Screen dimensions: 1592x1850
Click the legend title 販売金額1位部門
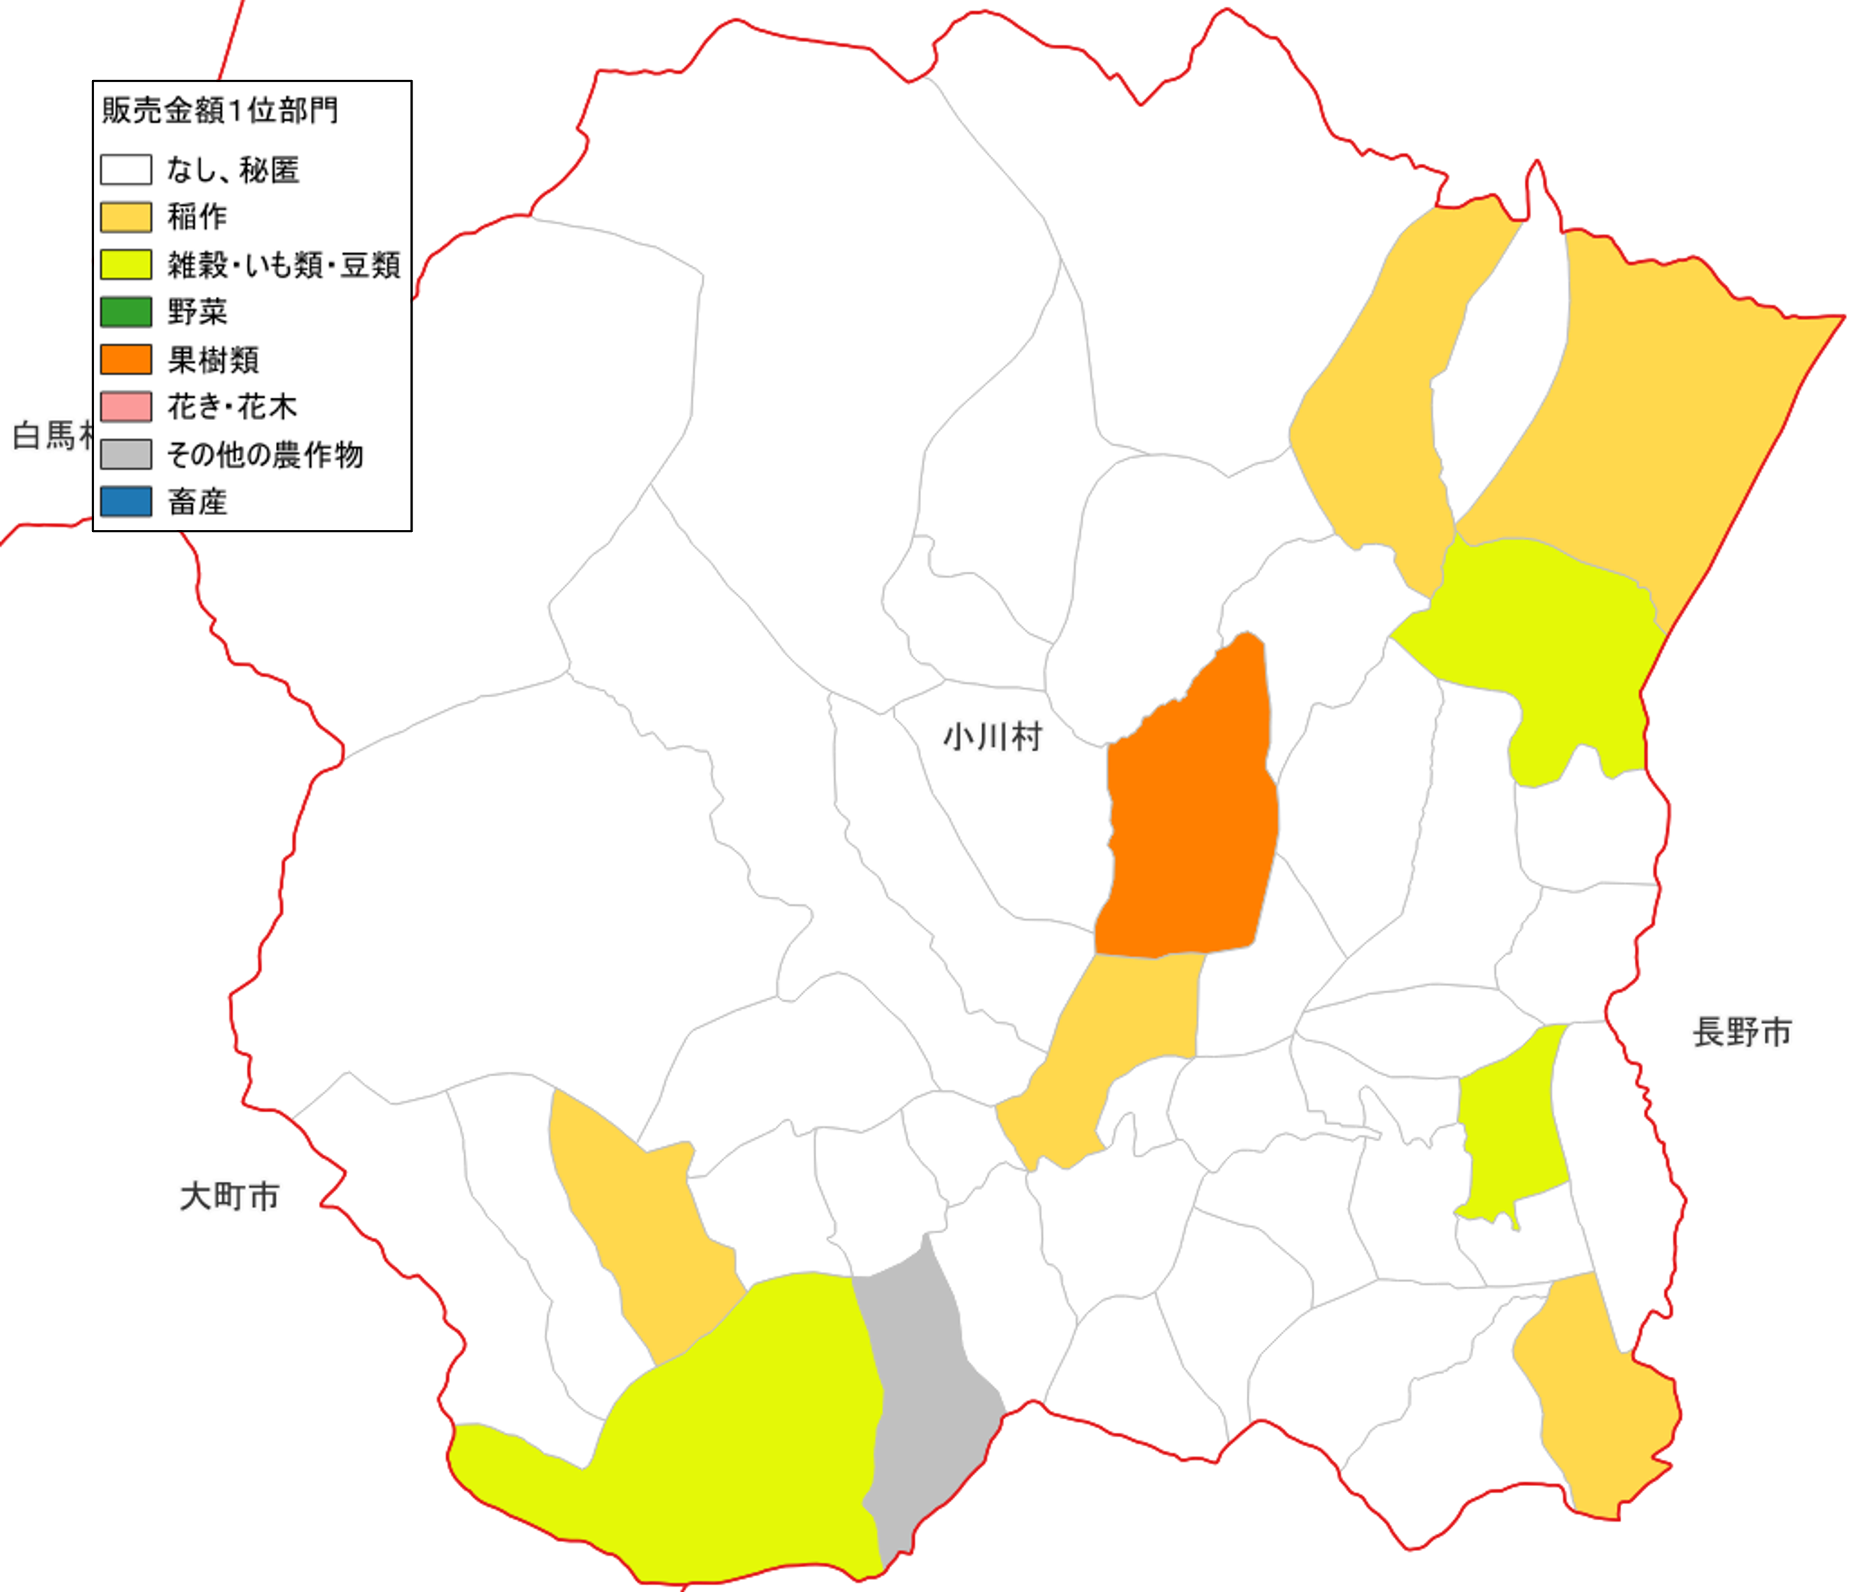click(220, 111)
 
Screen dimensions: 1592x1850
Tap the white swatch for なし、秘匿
click(126, 170)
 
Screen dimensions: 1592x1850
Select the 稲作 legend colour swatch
click(126, 217)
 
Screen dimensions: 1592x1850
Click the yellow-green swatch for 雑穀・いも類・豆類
click(126, 265)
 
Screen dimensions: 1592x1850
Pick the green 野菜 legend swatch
click(126, 312)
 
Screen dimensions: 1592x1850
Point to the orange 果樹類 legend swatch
click(126, 359)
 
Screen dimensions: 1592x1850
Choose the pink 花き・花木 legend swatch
click(126, 407)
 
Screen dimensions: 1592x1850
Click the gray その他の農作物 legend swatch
click(126, 454)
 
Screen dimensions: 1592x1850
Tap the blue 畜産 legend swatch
click(126, 501)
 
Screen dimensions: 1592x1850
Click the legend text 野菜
click(197, 312)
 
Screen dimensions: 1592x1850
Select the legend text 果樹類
click(213, 360)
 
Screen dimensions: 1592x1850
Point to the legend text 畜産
click(197, 502)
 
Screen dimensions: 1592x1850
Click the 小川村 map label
click(993, 738)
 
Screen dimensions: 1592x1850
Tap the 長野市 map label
click(1742, 1032)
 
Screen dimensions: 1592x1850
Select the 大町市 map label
click(229, 1197)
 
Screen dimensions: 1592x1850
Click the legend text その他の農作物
click(265, 454)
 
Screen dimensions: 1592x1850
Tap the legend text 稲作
click(197, 217)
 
